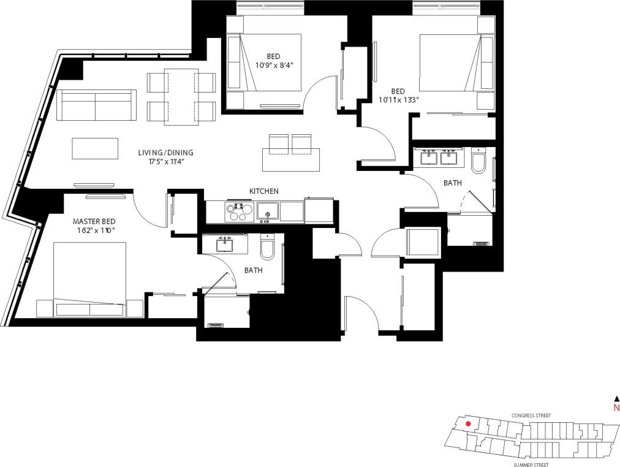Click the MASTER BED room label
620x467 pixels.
(x=94, y=221)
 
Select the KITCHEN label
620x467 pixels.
(x=263, y=191)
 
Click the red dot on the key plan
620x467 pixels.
(x=468, y=423)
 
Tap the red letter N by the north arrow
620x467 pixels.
(x=616, y=408)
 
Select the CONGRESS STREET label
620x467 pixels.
(x=531, y=416)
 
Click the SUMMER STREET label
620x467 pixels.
(x=531, y=465)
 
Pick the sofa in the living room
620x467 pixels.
(x=96, y=105)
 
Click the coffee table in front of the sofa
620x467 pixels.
(x=95, y=148)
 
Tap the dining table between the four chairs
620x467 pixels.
(x=181, y=97)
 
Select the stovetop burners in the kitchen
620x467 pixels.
(x=237, y=211)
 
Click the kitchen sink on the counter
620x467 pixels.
(x=268, y=212)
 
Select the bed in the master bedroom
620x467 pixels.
(x=90, y=279)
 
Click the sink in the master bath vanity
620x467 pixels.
(x=224, y=245)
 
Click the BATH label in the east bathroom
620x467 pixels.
(x=452, y=183)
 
